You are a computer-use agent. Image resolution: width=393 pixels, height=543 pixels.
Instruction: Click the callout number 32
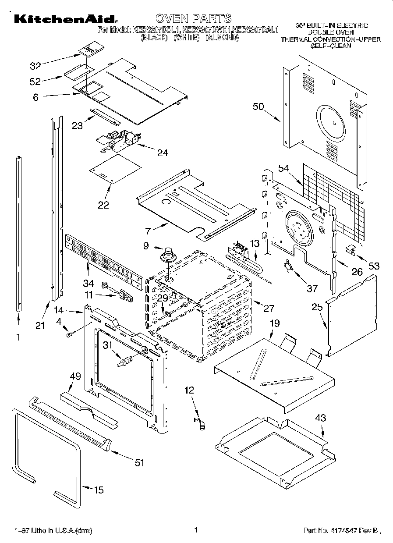coord(35,66)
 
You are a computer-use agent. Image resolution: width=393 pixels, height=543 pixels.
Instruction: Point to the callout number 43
coord(321,418)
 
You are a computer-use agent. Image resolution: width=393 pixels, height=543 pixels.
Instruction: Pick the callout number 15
coord(99,490)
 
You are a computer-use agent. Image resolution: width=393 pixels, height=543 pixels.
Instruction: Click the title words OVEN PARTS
coord(193,18)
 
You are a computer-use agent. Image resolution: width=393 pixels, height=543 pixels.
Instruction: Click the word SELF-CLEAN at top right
coord(331,45)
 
